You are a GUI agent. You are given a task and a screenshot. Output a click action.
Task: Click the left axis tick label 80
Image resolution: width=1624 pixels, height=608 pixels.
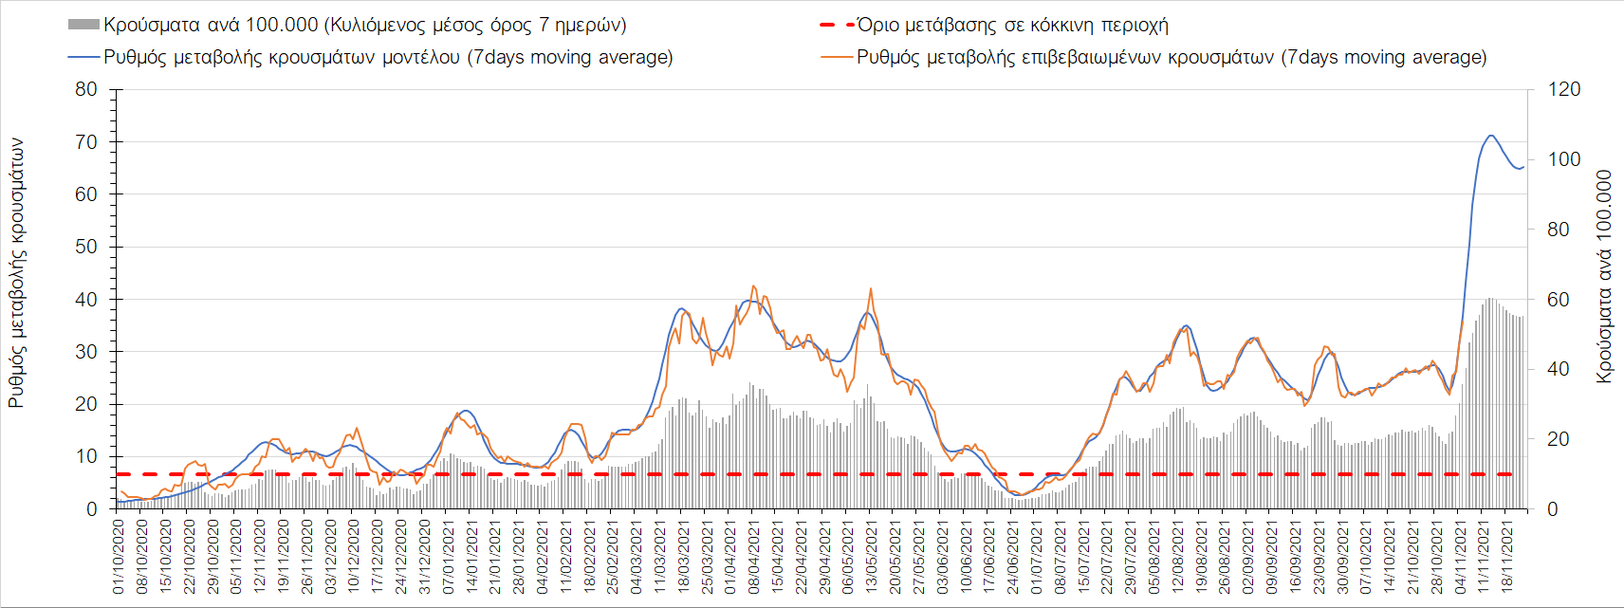click(86, 90)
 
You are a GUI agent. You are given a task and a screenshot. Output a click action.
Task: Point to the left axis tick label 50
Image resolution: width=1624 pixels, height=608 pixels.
click(86, 247)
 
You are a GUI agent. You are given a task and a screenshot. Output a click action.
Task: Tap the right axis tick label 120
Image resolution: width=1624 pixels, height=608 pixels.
click(1564, 90)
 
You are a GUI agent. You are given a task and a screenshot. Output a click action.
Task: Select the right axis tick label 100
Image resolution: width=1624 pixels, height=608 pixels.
click(1564, 159)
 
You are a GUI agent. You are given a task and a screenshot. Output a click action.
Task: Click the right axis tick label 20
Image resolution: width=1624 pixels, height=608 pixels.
click(1559, 439)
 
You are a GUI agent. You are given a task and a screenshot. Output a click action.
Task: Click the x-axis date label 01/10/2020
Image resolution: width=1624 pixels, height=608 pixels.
click(119, 556)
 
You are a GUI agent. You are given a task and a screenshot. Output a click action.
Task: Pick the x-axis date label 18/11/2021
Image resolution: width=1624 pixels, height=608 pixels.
click(1506, 556)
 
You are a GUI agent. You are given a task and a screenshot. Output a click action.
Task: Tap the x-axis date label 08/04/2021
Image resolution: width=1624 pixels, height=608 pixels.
click(753, 556)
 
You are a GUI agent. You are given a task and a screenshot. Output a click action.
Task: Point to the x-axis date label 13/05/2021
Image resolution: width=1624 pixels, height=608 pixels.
click(871, 556)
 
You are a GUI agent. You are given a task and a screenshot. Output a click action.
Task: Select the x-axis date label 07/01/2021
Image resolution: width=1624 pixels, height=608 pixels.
click(448, 556)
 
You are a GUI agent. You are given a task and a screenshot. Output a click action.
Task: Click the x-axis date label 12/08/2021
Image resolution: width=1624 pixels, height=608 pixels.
click(1177, 556)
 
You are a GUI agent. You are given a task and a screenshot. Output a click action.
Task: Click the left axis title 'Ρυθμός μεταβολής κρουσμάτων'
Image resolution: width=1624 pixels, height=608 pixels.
click(16, 273)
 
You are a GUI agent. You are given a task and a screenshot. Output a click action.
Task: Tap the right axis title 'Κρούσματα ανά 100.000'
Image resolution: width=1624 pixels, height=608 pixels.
click(1604, 276)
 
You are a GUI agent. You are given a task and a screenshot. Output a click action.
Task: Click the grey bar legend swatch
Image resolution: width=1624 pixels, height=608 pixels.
click(83, 26)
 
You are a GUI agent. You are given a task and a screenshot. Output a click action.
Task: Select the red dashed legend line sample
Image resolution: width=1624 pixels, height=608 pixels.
click(836, 26)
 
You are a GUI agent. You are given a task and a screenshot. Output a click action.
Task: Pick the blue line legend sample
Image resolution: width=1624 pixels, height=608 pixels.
click(83, 58)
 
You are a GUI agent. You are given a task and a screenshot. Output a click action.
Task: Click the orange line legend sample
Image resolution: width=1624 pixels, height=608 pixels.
click(836, 58)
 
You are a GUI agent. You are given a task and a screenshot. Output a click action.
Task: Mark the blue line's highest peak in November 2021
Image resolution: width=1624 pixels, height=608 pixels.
click(1490, 136)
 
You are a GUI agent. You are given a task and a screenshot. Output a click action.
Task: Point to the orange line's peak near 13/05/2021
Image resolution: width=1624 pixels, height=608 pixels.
click(870, 289)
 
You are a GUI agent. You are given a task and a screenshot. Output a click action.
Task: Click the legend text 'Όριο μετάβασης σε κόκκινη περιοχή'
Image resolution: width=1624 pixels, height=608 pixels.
click(1012, 26)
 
